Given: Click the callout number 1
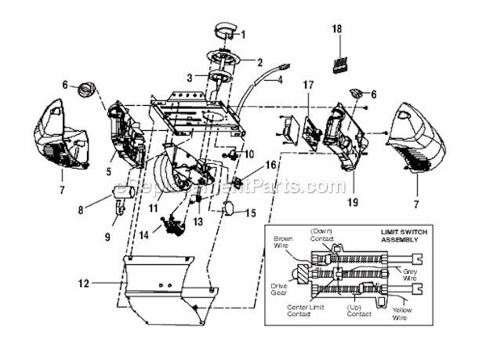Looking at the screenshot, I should (242, 35).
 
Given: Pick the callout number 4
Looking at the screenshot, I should (280, 80).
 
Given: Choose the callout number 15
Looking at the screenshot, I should (251, 213).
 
